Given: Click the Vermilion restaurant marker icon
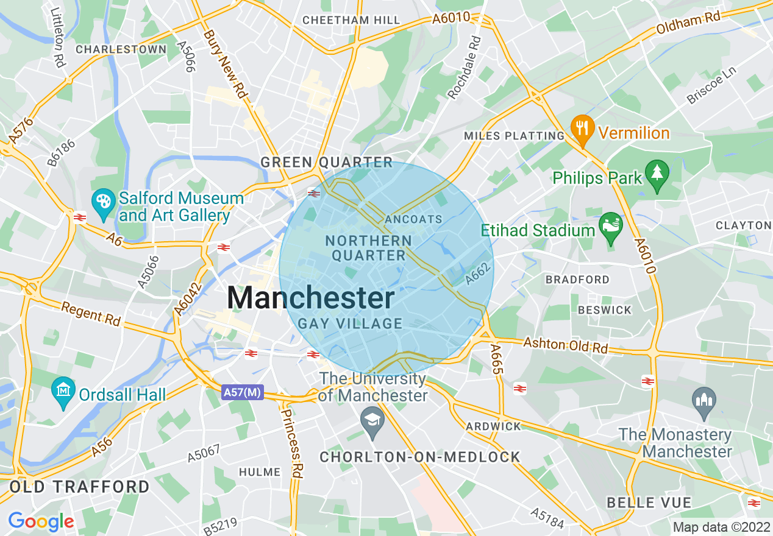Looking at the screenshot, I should click(583, 130).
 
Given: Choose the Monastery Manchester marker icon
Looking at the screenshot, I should click(704, 401).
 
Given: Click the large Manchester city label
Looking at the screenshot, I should click(311, 298).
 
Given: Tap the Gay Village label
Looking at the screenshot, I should click(350, 323).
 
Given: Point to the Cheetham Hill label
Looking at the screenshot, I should click(352, 20).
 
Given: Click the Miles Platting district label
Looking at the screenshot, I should click(514, 136).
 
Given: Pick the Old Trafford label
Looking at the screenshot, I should click(79, 487).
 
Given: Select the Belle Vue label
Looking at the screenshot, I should click(649, 503).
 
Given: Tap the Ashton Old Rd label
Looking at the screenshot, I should click(566, 345).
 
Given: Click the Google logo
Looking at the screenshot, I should click(41, 521).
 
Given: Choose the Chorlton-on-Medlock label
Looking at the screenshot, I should click(420, 457).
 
